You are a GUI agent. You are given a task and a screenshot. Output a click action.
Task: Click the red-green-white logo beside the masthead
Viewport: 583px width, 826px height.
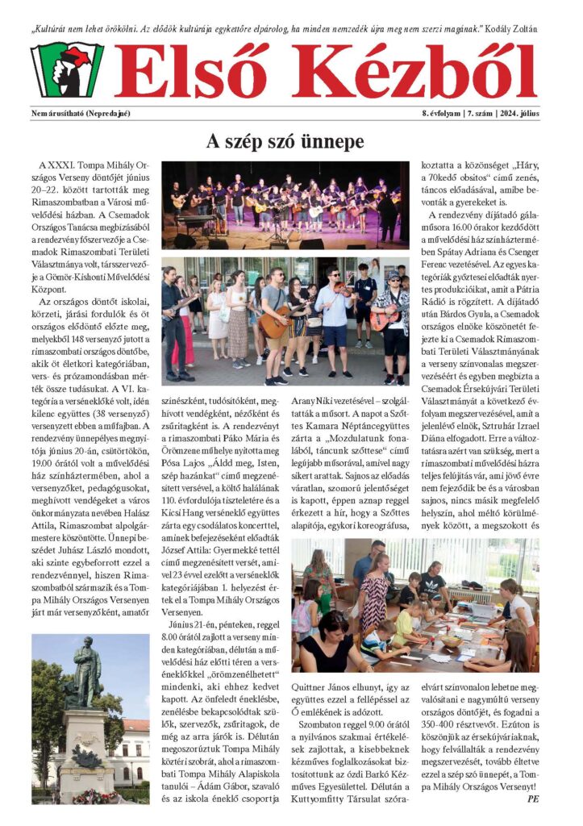[67, 70]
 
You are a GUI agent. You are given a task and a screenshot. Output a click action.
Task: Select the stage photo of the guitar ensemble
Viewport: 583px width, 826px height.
[285, 205]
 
